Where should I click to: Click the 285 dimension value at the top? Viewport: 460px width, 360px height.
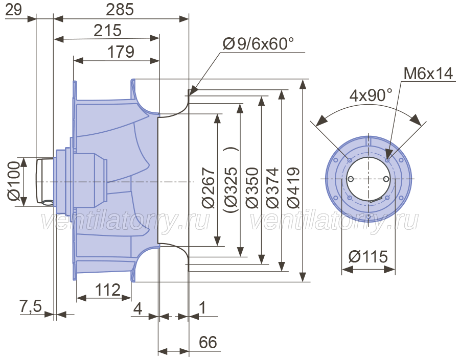pyautogui.click(x=120, y=10)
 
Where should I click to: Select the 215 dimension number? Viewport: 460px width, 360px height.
pyautogui.click(x=107, y=31)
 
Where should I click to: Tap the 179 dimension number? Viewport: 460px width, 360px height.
pyautogui.click(x=121, y=52)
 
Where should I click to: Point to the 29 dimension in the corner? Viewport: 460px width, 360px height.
pyautogui.click(x=13, y=10)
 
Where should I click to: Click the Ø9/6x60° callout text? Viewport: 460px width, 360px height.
pyautogui.click(x=258, y=44)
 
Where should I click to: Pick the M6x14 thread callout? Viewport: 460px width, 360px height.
pyautogui.click(x=428, y=74)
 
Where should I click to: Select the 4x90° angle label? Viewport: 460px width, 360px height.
pyautogui.click(x=371, y=95)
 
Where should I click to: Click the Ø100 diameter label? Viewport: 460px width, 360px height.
pyautogui.click(x=14, y=181)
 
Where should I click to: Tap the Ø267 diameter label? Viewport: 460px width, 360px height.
pyautogui.click(x=209, y=188)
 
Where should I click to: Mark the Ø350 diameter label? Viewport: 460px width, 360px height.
pyautogui.click(x=252, y=188)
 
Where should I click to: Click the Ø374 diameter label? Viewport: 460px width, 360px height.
pyautogui.click(x=272, y=188)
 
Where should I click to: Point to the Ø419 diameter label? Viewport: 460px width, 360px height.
pyautogui.click(x=293, y=188)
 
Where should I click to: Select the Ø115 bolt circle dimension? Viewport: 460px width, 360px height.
pyautogui.click(x=368, y=257)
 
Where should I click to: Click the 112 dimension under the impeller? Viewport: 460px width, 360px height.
pyautogui.click(x=108, y=290)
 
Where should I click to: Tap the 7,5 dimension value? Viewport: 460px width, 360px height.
pyautogui.click(x=31, y=307)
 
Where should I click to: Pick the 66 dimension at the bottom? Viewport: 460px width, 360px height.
pyautogui.click(x=208, y=342)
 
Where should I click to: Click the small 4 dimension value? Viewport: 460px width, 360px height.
pyautogui.click(x=138, y=308)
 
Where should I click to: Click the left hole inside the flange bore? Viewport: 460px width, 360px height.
pyautogui.click(x=351, y=179)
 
